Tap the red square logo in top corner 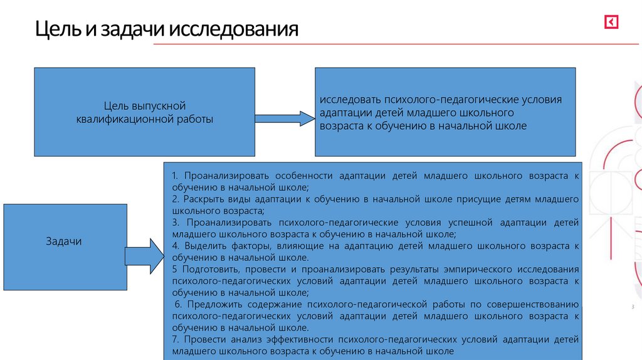tap(611, 23)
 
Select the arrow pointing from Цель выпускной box tap(285, 118)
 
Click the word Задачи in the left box tap(64, 241)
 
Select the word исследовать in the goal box tap(350, 100)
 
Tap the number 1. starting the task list tap(175, 176)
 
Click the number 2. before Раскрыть tap(175, 199)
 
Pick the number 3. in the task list tap(175, 222)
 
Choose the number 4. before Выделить tap(176, 245)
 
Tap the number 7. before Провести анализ tap(175, 339)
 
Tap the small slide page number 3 tap(632, 307)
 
